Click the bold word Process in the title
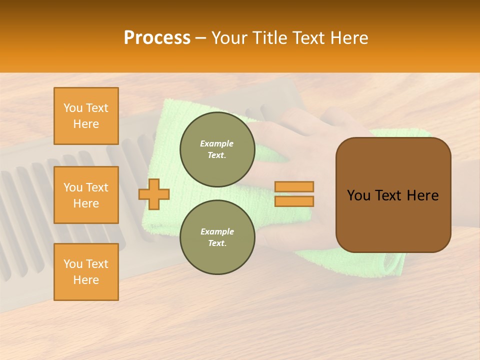tap(157, 38)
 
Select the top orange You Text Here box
tap(86, 116)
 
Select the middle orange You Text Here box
tap(86, 195)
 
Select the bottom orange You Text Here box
tap(86, 272)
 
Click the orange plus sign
tap(154, 194)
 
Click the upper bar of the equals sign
tap(294, 186)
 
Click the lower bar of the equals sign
tap(294, 201)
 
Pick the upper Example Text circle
tap(217, 149)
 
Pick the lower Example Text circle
tap(217, 237)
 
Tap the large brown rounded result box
tap(393, 195)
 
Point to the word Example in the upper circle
tap(217, 143)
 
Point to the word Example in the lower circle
tap(217, 231)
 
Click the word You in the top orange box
tap(73, 108)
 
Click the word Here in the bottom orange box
tap(86, 280)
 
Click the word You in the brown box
tap(358, 195)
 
